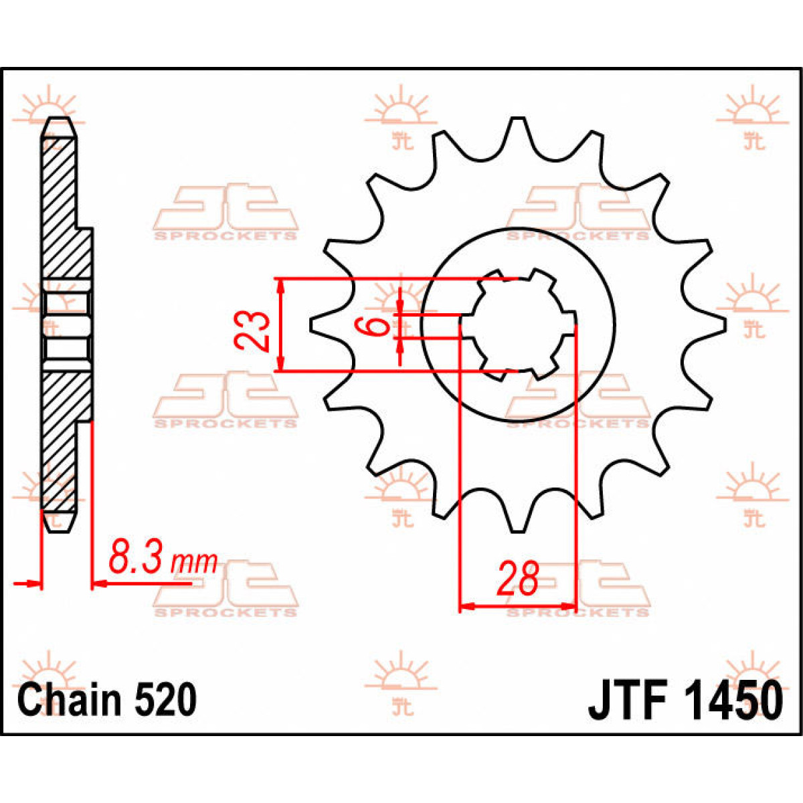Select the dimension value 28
[x=517, y=579]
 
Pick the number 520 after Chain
[x=165, y=701]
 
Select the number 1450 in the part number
[x=732, y=701]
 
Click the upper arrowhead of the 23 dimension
[x=282, y=285]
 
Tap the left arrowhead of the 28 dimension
[x=466, y=606]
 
